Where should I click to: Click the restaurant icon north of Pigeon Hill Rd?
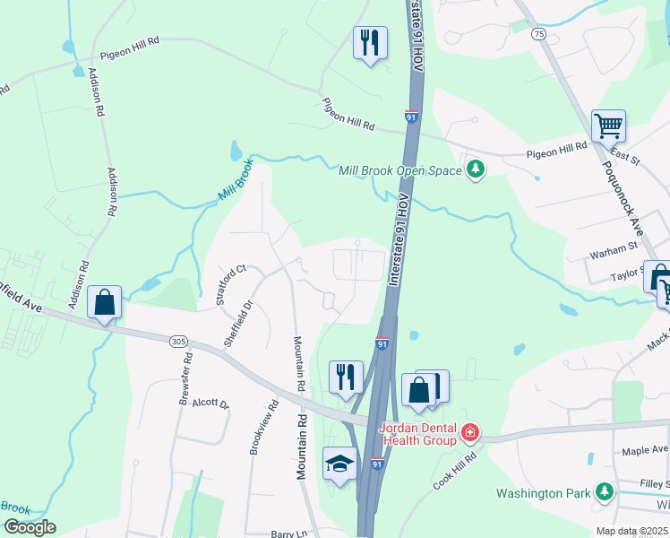point(369,43)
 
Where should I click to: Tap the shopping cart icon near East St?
point(608,126)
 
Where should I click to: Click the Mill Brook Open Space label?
point(399,170)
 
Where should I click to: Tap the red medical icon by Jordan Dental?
point(468,435)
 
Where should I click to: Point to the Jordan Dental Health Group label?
point(419,434)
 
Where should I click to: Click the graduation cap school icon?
point(339,463)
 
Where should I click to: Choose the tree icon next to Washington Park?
point(605,491)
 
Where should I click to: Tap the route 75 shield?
point(538,33)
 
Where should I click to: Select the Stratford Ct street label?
point(230,284)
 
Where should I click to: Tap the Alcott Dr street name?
point(211,403)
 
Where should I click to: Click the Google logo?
point(29,527)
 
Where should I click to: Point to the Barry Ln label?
point(288,534)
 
